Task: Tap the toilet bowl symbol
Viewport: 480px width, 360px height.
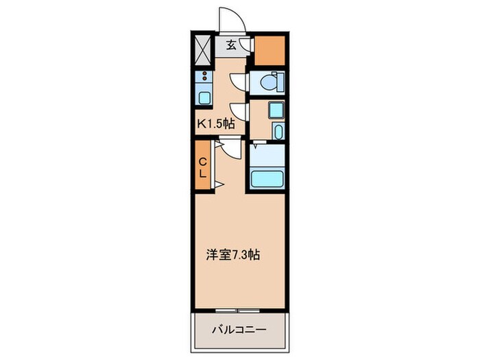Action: [x=272, y=82]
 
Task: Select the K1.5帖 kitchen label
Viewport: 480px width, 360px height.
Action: [x=217, y=124]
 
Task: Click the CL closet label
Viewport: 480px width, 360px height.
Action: [x=203, y=167]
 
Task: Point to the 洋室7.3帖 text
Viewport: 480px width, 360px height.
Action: [x=233, y=254]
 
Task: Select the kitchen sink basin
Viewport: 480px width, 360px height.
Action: [x=204, y=97]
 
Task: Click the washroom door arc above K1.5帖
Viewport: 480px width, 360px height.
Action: [x=239, y=112]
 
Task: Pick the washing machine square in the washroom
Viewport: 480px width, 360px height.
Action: [x=276, y=109]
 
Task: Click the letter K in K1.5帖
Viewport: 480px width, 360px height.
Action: [x=202, y=124]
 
